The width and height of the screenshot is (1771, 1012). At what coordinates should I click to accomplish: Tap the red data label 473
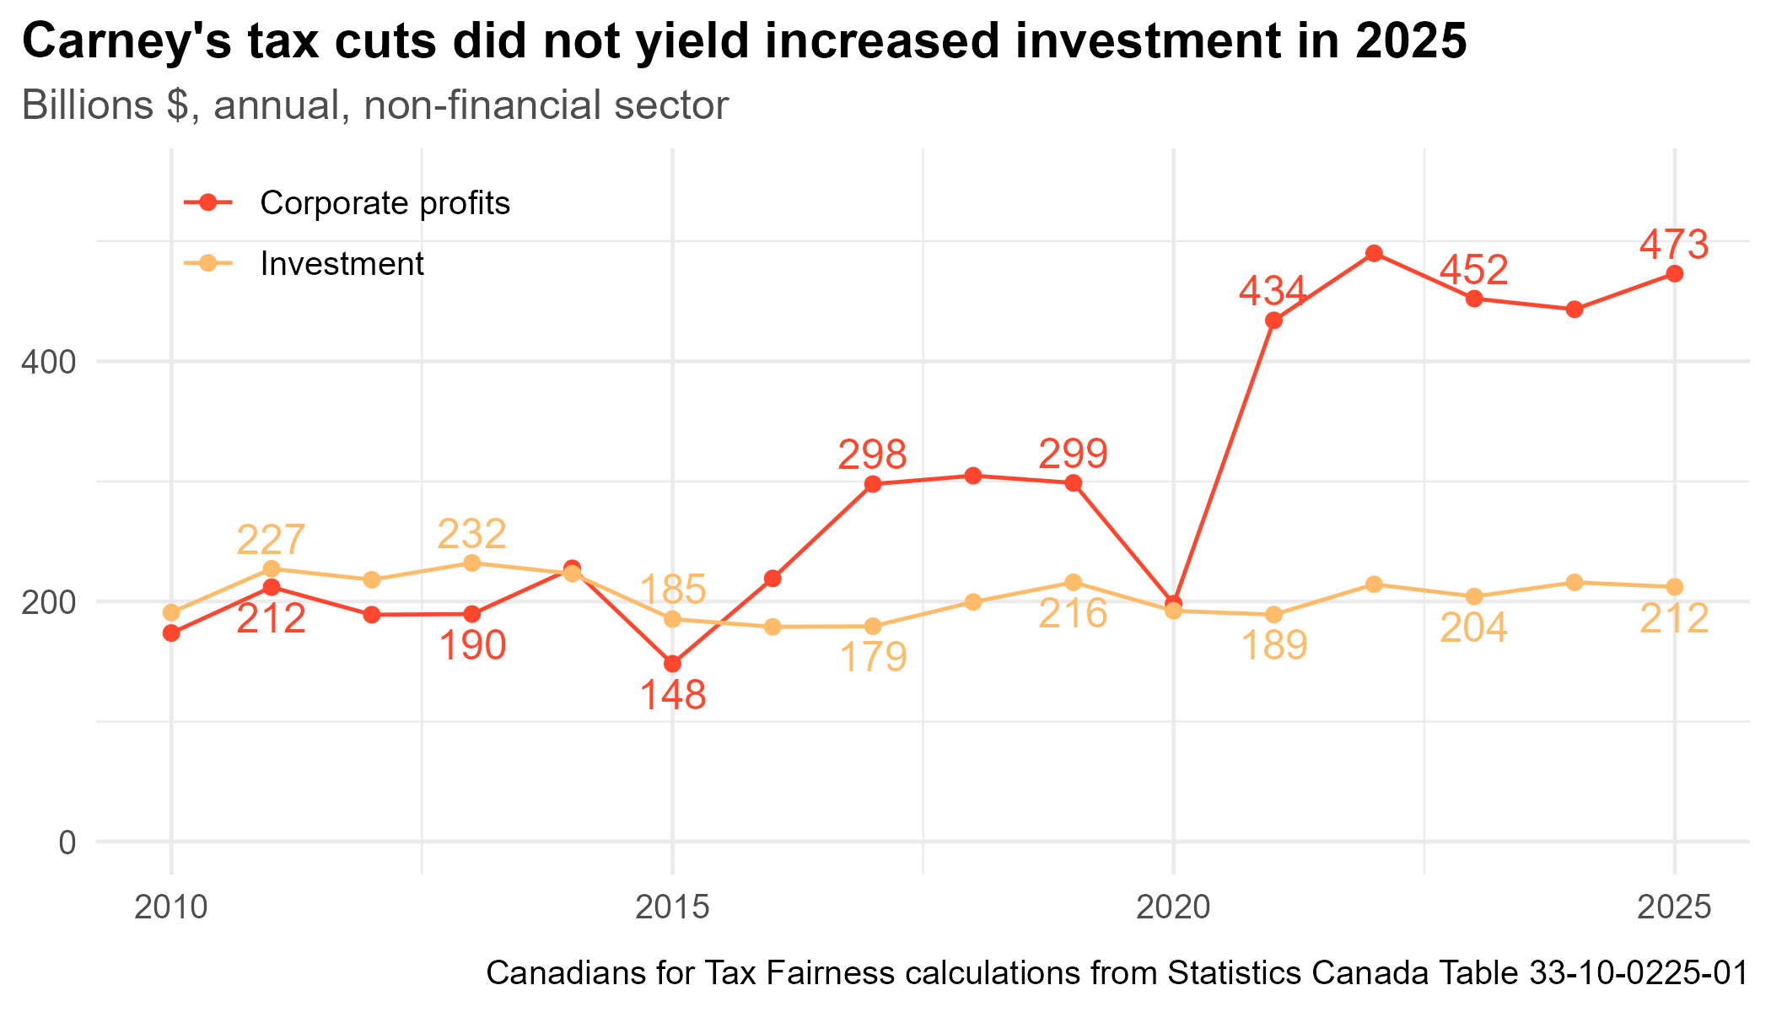(1674, 245)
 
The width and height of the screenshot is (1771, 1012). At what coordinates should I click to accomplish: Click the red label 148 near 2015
(672, 696)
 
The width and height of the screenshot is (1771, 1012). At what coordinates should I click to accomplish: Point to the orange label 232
(472, 534)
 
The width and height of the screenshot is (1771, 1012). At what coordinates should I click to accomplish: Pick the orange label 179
(874, 658)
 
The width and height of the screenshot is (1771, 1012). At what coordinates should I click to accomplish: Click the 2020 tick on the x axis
(1173, 908)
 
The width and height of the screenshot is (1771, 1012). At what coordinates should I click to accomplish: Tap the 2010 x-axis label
(171, 908)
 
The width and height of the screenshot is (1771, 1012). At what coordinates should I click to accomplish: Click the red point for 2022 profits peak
(1374, 253)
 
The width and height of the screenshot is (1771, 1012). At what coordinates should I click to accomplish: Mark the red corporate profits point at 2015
(672, 665)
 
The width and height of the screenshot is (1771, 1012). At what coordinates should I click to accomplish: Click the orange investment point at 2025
(1675, 587)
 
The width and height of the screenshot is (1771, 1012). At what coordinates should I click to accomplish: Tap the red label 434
(1273, 292)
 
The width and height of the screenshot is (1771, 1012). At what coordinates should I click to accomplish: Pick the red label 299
(1073, 455)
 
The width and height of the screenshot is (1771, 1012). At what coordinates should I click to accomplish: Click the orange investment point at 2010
(171, 612)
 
